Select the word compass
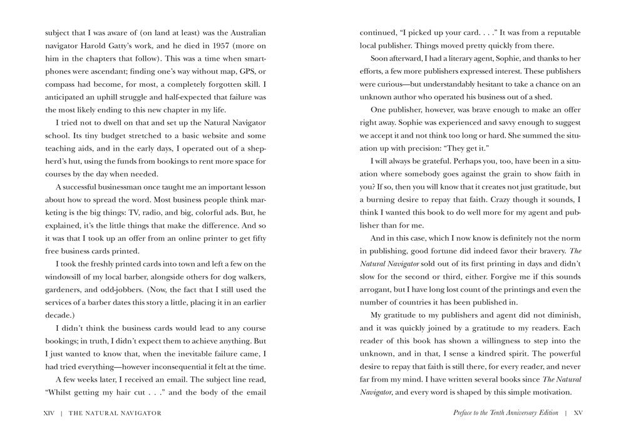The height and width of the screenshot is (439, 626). (x=59, y=84)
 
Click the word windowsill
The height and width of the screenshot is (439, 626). (x=66, y=277)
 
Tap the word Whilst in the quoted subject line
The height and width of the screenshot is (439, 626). (x=61, y=392)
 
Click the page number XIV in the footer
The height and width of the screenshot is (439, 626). (x=49, y=413)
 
